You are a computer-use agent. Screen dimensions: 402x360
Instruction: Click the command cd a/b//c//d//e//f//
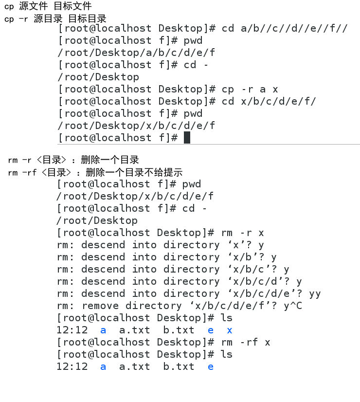click(x=285, y=28)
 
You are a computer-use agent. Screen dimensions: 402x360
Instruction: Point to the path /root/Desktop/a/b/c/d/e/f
click(x=136, y=53)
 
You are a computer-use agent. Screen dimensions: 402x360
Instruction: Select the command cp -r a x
click(x=250, y=89)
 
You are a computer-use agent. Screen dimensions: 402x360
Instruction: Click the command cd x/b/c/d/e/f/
click(x=269, y=101)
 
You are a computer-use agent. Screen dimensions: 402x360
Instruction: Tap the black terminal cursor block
click(x=187, y=138)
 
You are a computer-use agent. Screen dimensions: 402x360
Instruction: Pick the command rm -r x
click(x=242, y=233)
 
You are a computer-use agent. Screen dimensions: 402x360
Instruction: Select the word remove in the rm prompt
click(x=100, y=306)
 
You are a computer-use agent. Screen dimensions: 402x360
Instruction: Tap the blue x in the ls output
click(x=230, y=330)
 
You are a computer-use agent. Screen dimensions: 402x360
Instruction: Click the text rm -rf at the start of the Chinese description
click(x=22, y=172)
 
